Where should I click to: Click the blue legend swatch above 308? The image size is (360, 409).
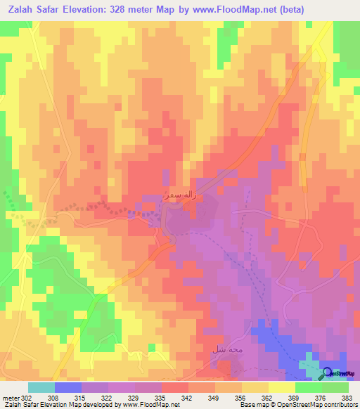(x=68, y=387)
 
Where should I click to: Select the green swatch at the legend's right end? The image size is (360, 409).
(x=335, y=387)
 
